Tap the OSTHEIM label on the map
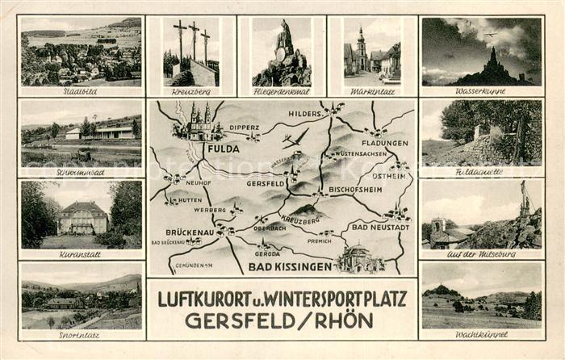(x=388, y=175)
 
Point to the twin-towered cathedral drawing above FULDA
(x=198, y=123)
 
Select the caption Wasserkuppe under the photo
(x=480, y=91)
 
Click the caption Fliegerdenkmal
(x=281, y=92)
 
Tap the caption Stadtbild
(x=80, y=91)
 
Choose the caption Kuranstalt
(x=79, y=253)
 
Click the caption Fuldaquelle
(x=481, y=172)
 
